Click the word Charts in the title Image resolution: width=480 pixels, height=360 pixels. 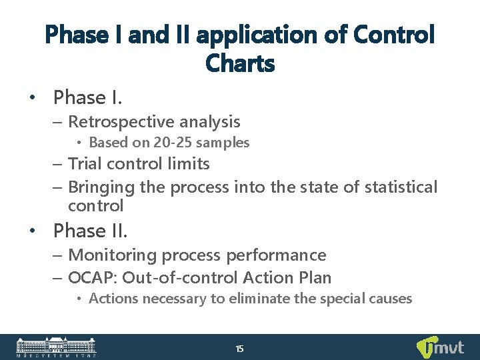tap(240, 64)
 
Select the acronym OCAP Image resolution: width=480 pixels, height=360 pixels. tap(90, 277)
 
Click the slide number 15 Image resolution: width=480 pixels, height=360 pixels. tap(240, 348)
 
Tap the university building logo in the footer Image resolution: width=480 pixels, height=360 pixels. tap(57, 347)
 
